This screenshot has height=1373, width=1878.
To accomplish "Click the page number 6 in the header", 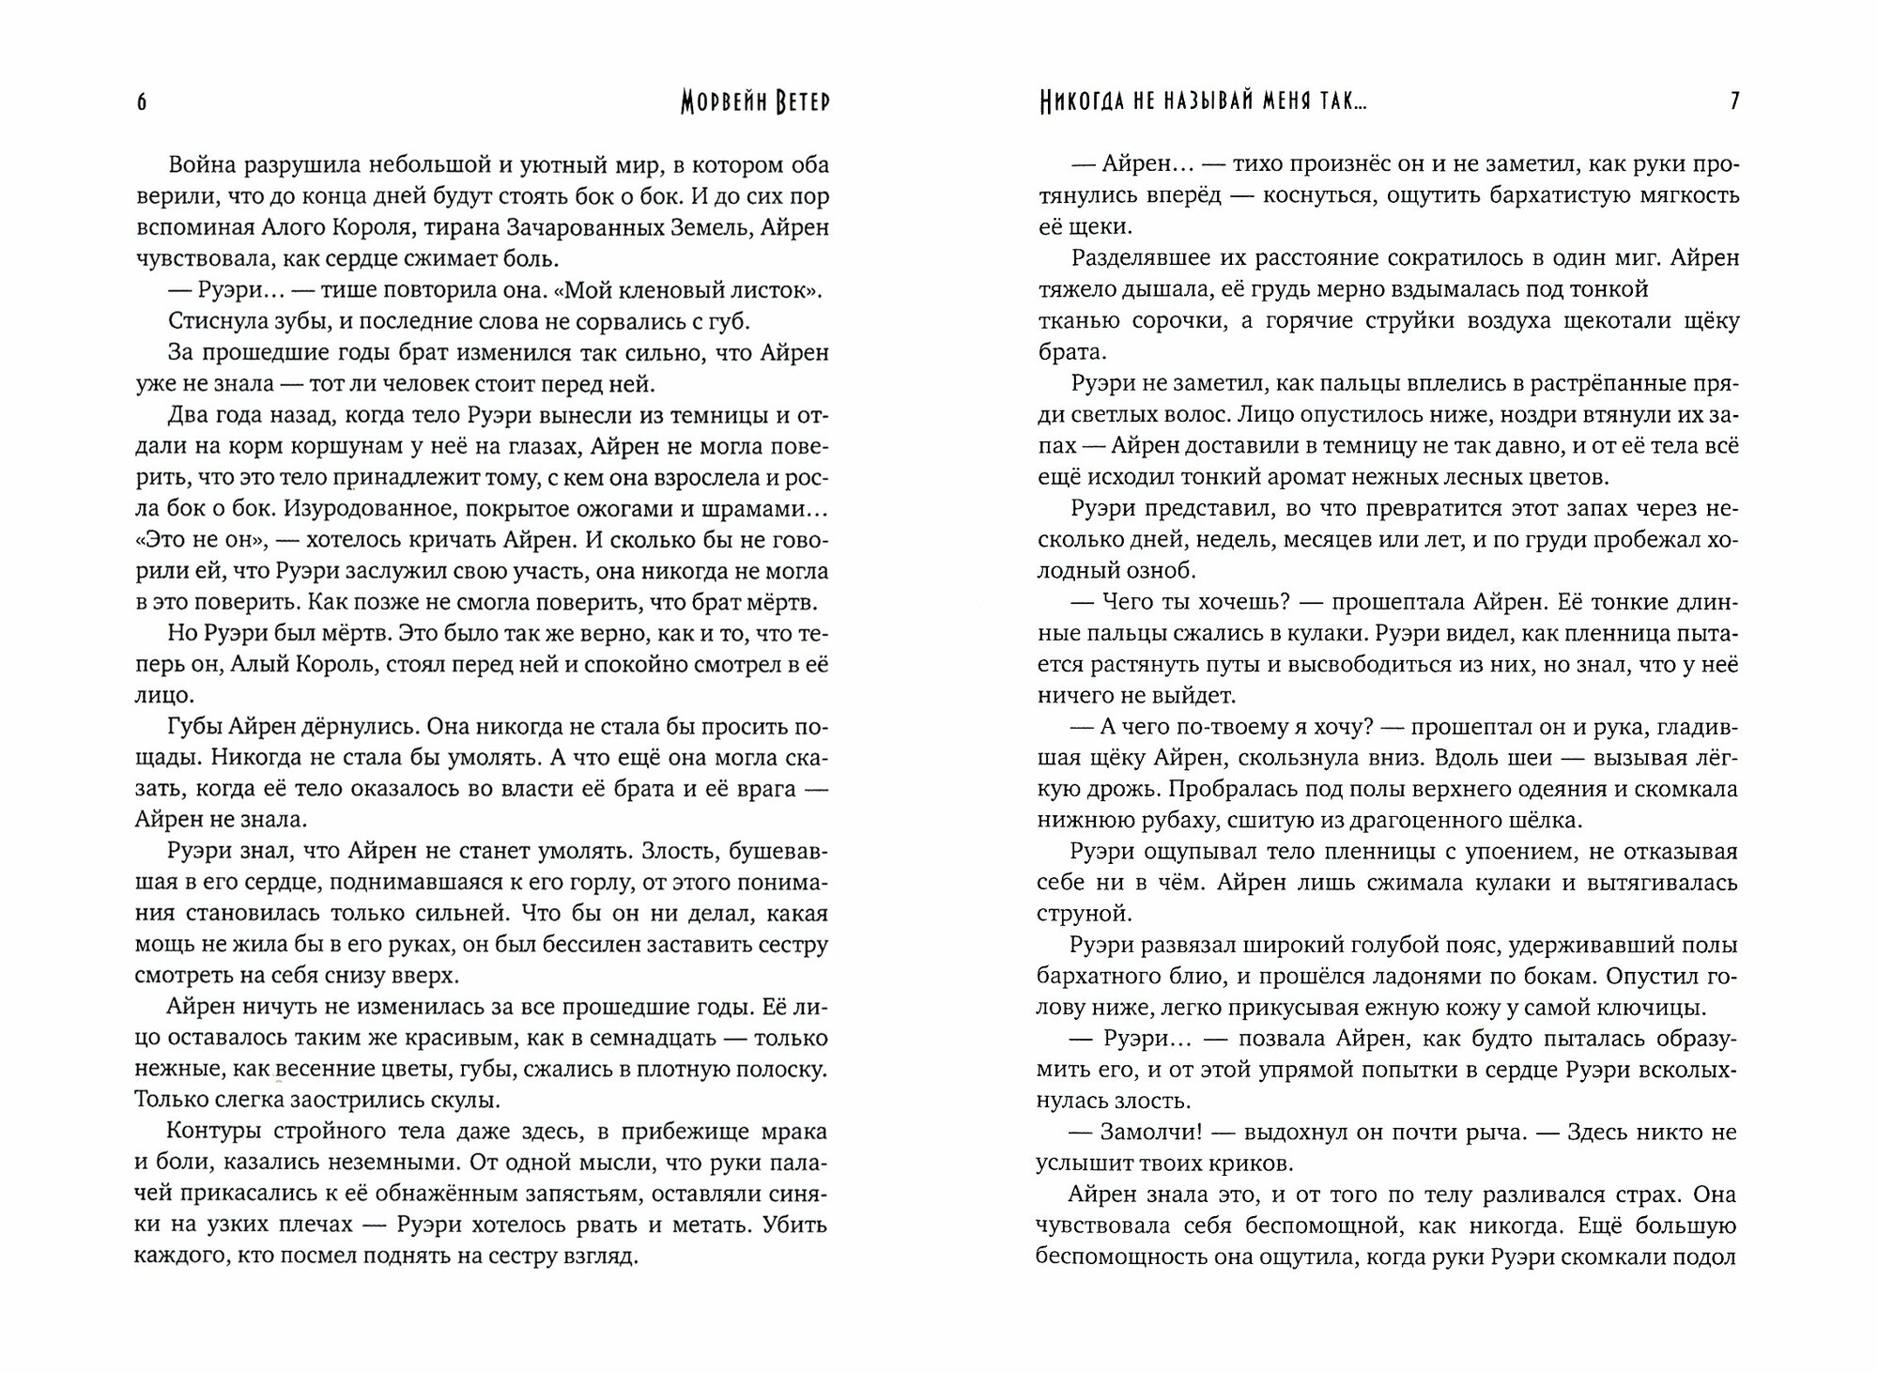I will (142, 102).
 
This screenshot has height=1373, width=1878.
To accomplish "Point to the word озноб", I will (1164, 571).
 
